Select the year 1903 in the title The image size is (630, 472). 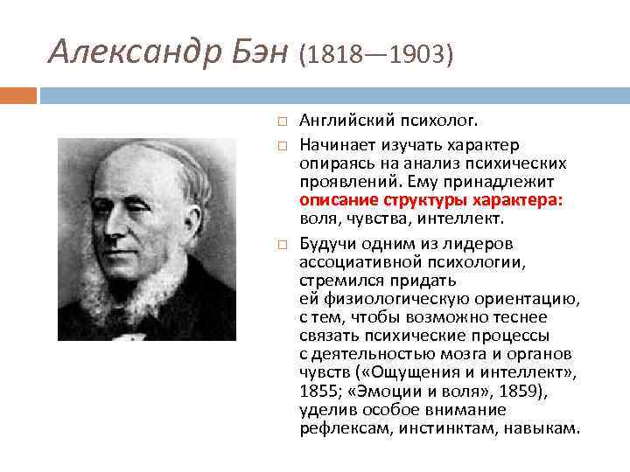(x=419, y=55)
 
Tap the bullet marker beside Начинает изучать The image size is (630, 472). (x=281, y=144)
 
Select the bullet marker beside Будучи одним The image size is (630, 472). (x=281, y=243)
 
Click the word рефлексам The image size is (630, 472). (x=339, y=428)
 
